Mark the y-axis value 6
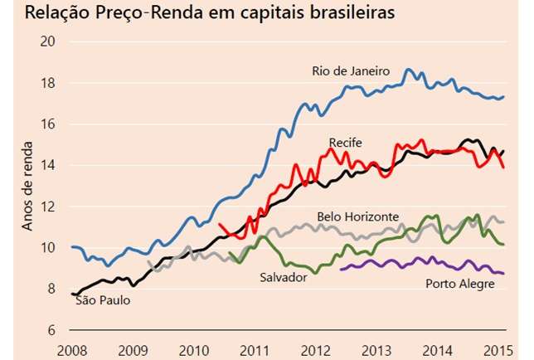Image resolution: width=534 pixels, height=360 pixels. (51, 330)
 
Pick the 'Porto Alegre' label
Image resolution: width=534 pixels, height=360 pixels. (460, 284)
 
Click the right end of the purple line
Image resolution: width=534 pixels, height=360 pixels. (503, 273)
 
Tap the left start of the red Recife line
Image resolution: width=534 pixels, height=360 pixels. (219, 224)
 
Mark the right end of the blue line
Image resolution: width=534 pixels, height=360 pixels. (503, 97)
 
